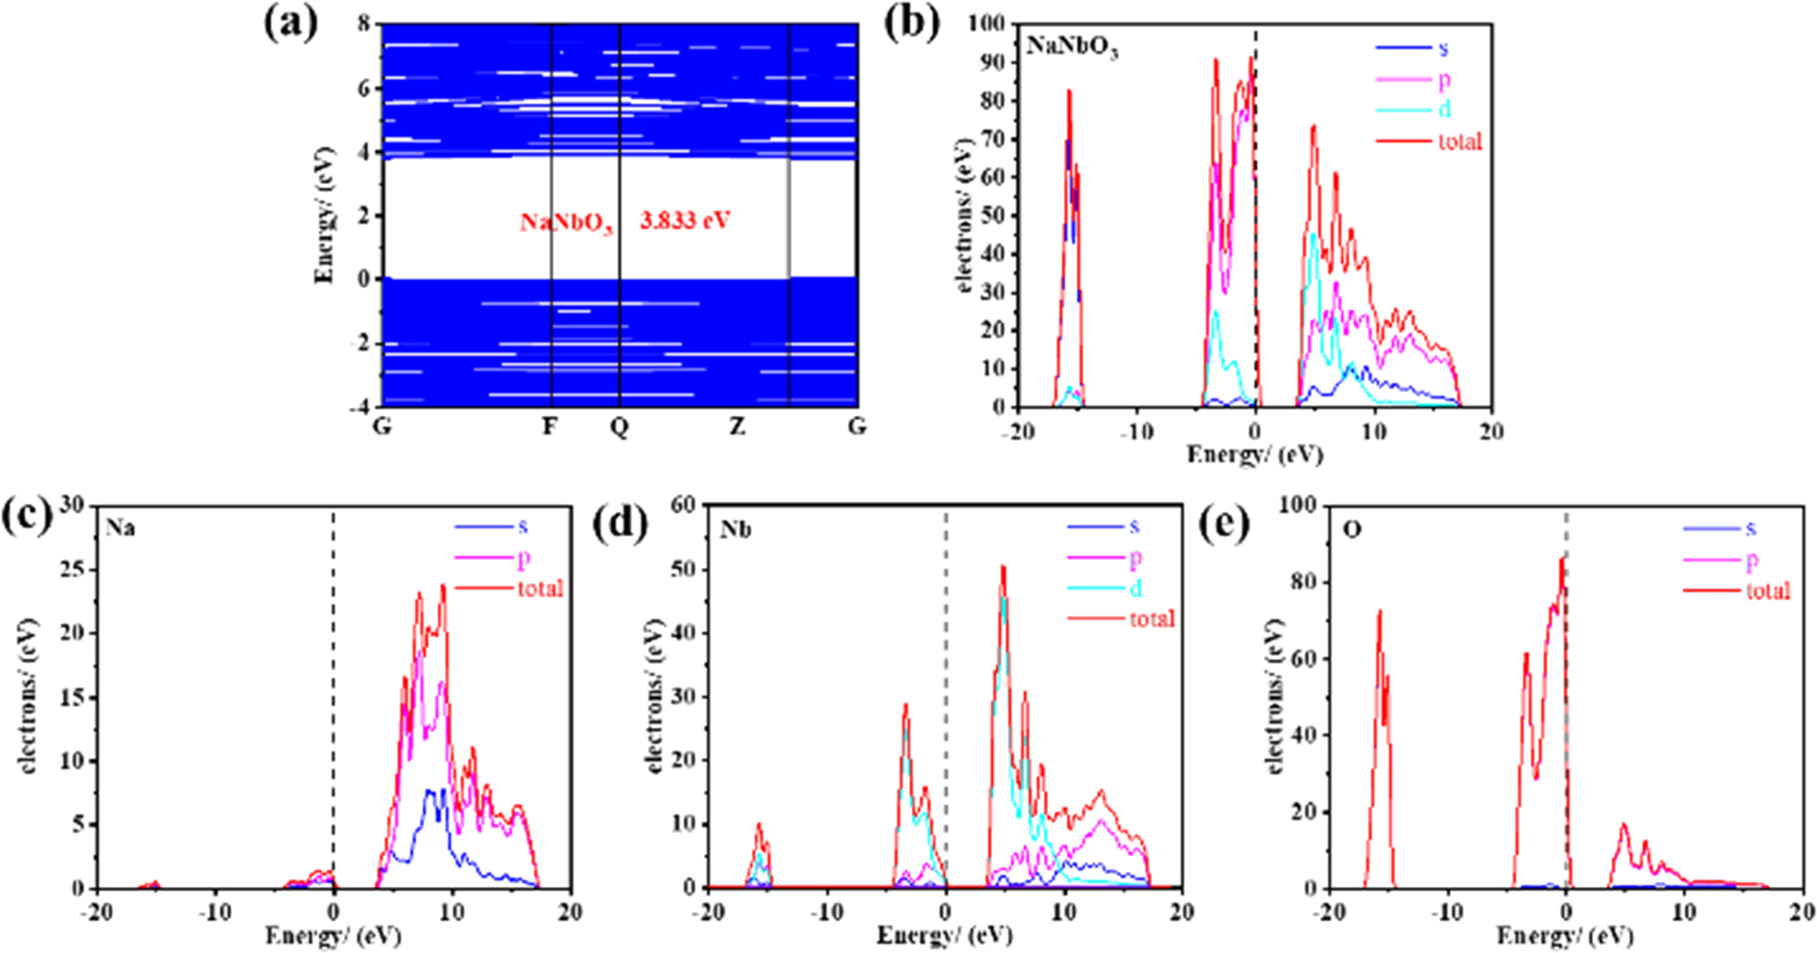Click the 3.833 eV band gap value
click(684, 220)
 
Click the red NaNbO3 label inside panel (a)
click(566, 222)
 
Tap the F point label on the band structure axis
click(550, 427)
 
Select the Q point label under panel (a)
click(619, 427)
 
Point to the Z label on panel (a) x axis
click(737, 427)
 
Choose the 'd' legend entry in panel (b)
click(1444, 109)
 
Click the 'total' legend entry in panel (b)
click(1460, 141)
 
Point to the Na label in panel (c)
click(120, 529)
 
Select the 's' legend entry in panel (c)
click(522, 527)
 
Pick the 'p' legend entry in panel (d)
click(1135, 557)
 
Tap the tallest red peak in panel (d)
click(1002, 568)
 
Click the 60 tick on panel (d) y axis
click(683, 505)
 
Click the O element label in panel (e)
click(1351, 530)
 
